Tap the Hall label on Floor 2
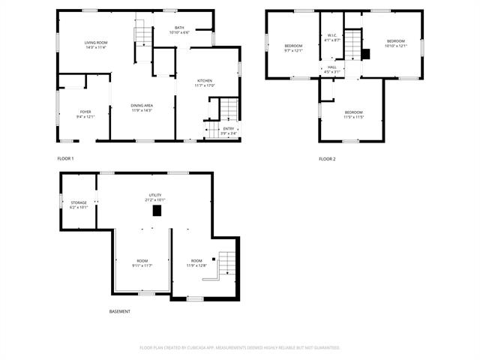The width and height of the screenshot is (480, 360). click(331, 69)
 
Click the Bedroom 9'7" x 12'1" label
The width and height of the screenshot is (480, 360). click(292, 48)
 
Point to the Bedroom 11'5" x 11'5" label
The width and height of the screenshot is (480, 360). click(353, 114)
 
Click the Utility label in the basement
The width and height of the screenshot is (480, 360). click(154, 197)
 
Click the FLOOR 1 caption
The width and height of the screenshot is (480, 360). click(65, 158)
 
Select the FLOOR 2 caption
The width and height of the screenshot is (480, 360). click(327, 158)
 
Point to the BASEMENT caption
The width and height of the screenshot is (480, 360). click(119, 311)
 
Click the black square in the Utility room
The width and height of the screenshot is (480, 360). click(157, 211)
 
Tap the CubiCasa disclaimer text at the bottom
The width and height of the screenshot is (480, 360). click(240, 348)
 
